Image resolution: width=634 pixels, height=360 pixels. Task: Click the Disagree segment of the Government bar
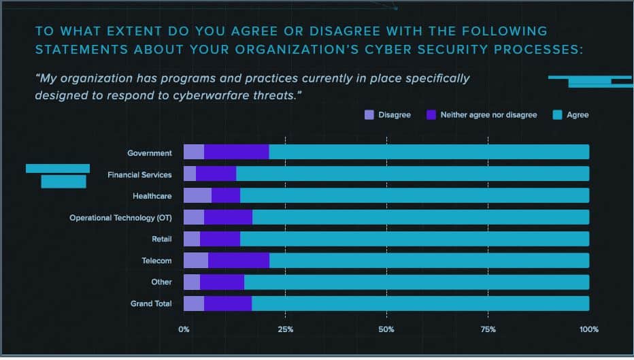194,152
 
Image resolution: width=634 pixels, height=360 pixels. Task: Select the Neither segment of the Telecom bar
239,261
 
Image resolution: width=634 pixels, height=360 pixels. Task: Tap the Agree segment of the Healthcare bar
414,196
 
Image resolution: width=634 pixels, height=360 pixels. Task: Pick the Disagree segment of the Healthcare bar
197,196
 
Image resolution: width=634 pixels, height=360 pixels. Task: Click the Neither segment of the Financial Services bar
216,174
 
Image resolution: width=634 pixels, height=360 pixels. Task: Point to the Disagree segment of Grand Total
194,304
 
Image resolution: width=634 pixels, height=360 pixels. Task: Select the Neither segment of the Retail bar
220,239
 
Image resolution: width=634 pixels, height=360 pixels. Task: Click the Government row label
150,153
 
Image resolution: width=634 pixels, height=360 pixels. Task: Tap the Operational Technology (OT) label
121,218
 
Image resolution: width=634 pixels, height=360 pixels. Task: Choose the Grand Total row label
151,304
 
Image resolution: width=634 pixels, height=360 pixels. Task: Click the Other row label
162,282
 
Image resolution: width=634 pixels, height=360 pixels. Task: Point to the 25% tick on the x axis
286,330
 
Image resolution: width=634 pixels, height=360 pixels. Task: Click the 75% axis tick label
488,330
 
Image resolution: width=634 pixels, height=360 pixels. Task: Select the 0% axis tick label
184,330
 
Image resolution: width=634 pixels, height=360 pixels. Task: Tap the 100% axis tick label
589,330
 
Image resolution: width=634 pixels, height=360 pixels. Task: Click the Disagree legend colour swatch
369,115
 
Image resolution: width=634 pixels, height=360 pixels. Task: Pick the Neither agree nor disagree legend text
488,115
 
